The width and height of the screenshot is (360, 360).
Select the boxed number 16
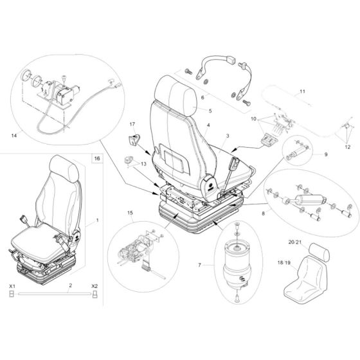coord(96,157)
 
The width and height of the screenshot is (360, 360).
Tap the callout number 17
coord(133,124)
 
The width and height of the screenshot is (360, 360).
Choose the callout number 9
coord(325,154)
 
